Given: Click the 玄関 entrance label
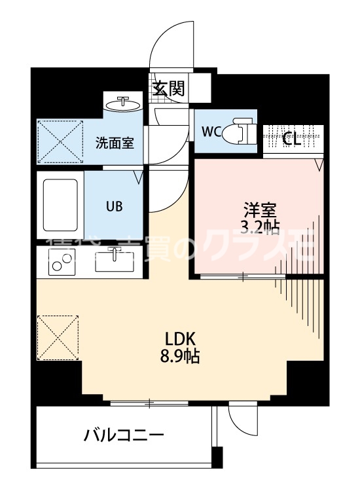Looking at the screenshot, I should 169,88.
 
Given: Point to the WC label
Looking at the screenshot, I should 211,131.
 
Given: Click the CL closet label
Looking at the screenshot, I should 291,139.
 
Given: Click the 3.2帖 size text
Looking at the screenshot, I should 261,228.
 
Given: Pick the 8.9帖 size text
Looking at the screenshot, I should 181,357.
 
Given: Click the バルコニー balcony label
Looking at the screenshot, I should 123,435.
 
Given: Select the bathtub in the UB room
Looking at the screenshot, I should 60,204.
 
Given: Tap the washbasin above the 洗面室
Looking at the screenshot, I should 122,105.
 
